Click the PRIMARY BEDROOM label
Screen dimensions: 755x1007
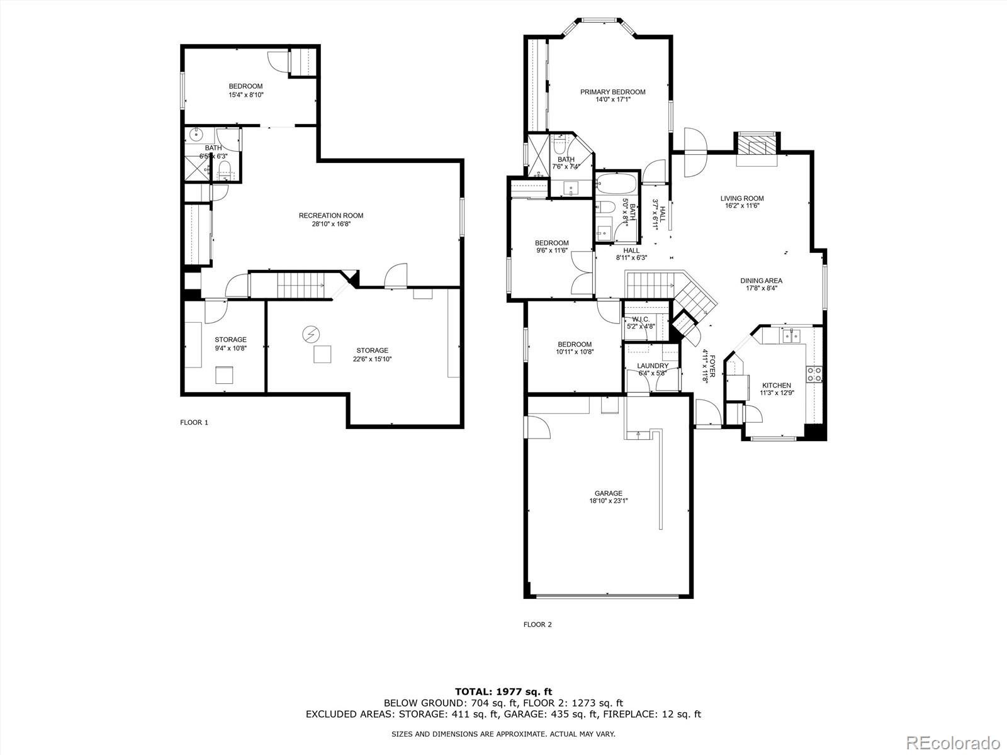(612, 92)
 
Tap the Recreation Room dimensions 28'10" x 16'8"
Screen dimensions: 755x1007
(330, 224)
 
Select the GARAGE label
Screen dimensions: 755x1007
(608, 493)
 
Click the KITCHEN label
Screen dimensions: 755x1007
(776, 386)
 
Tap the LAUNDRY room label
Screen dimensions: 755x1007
(652, 366)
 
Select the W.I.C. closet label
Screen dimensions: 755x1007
(641, 319)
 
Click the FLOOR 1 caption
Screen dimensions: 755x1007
(194, 422)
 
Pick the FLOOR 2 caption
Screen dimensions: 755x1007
(537, 625)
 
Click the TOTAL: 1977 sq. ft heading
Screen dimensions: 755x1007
(503, 692)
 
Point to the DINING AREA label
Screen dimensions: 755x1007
(761, 281)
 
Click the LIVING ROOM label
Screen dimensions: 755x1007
(742, 198)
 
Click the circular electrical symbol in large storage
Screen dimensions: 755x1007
(310, 333)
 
